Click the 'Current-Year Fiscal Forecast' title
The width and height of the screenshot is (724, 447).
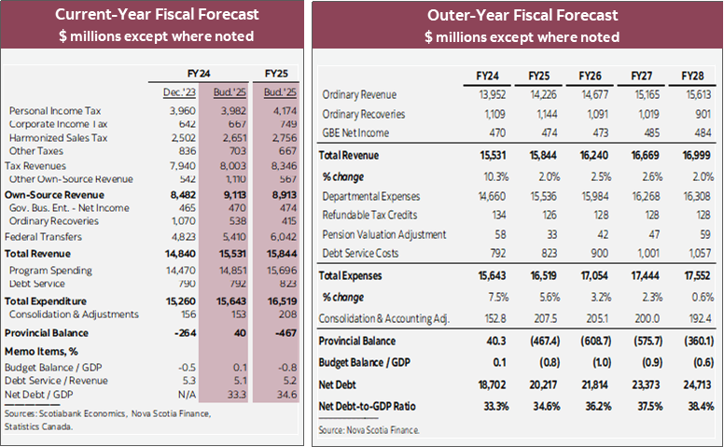(x=156, y=15)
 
